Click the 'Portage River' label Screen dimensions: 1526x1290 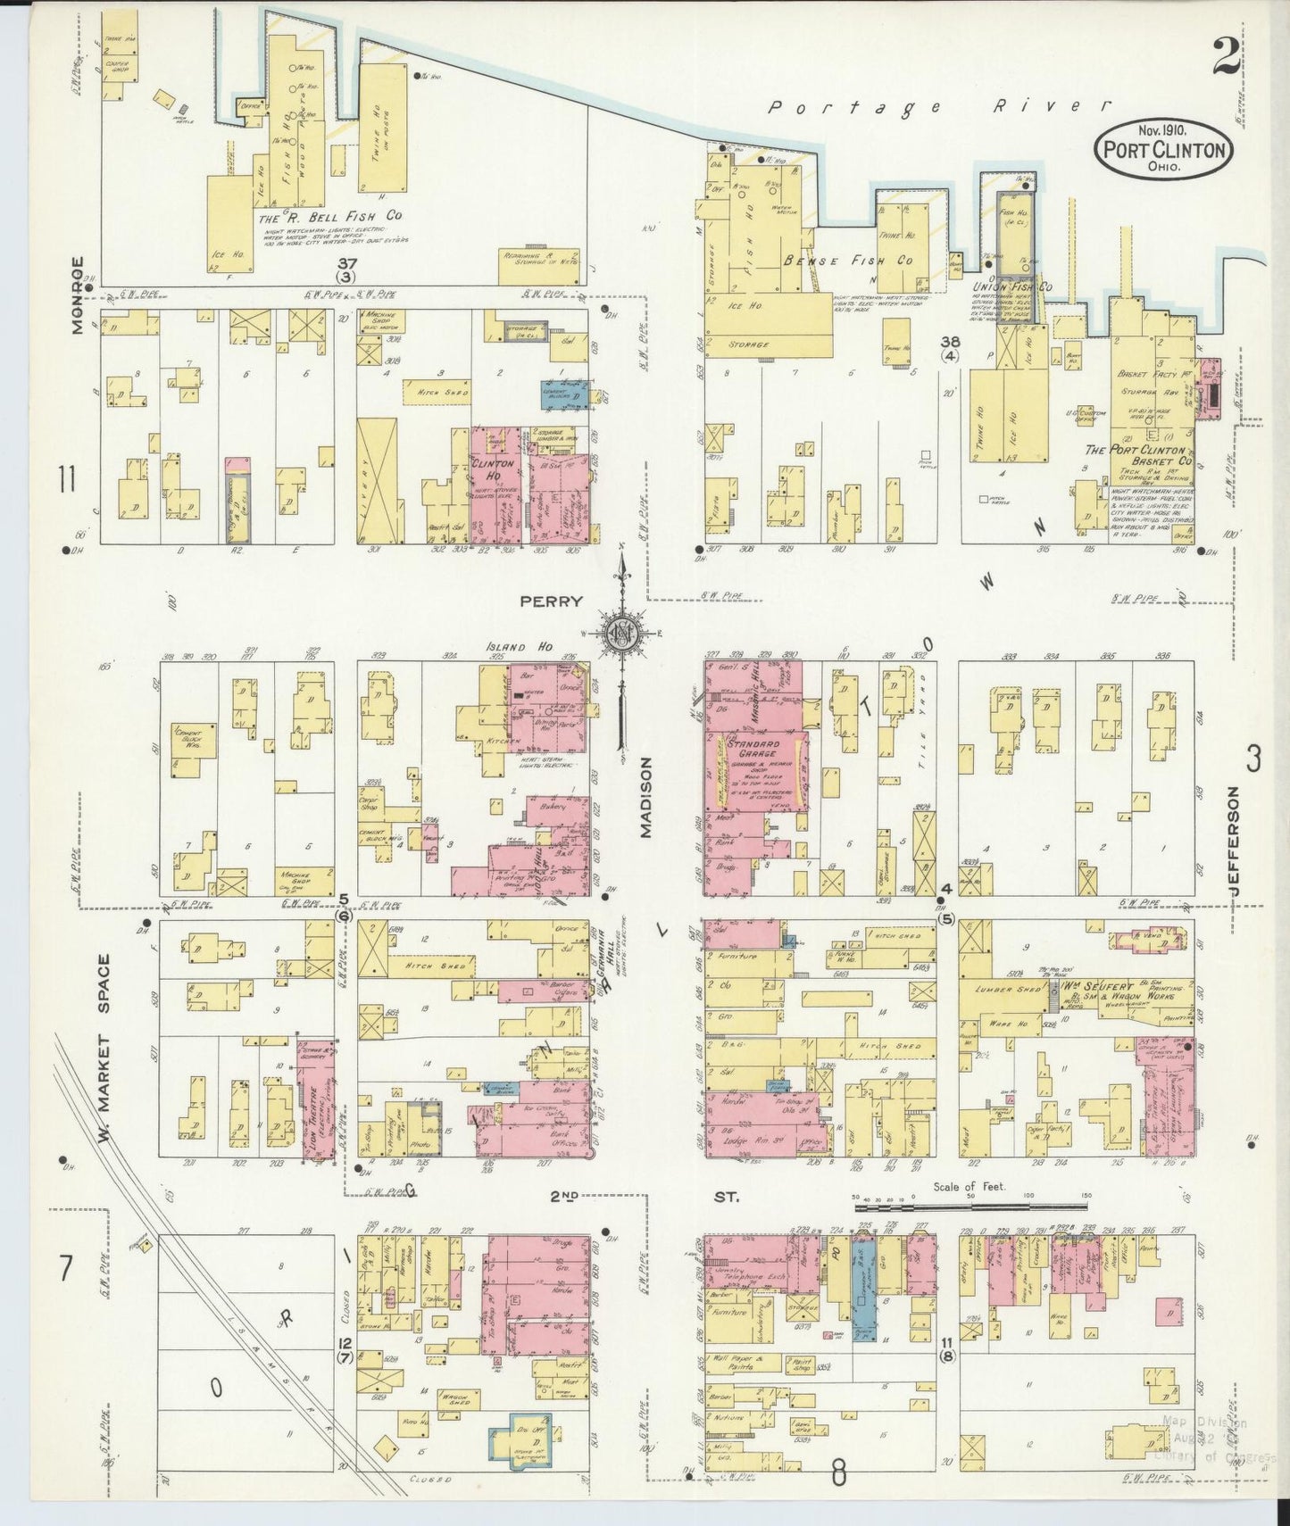tap(940, 107)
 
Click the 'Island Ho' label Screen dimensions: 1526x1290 tap(508, 647)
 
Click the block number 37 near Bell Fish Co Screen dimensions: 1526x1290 tap(347, 264)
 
